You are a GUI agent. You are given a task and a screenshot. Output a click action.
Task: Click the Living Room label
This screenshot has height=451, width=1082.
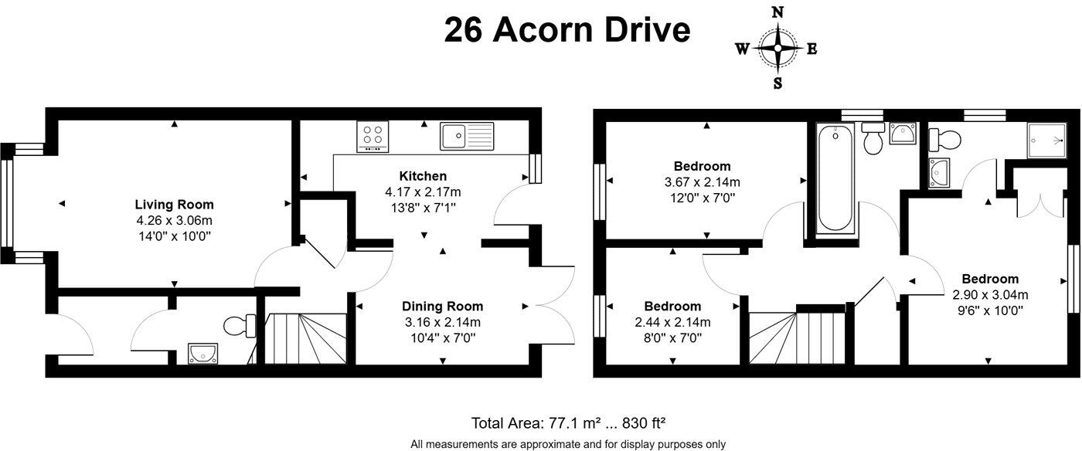tap(174, 205)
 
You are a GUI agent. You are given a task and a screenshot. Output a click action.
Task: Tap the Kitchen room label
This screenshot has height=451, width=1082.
tap(423, 176)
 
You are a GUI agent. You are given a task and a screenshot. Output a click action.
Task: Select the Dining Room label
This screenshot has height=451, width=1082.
tap(442, 306)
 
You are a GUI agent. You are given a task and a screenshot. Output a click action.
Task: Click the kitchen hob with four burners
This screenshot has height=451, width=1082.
tap(373, 136)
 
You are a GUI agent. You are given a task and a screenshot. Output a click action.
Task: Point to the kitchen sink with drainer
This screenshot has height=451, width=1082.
tap(467, 136)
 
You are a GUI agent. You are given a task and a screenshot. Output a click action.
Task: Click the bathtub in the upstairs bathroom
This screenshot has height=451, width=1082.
tap(836, 179)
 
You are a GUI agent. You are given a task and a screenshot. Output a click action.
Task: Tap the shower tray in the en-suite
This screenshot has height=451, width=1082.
tap(1046, 141)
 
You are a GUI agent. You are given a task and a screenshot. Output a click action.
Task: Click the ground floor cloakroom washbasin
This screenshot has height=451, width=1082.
tap(202, 354)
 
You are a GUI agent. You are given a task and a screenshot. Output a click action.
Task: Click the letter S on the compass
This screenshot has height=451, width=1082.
tap(777, 83)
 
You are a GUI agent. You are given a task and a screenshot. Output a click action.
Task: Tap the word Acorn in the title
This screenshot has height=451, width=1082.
tap(543, 30)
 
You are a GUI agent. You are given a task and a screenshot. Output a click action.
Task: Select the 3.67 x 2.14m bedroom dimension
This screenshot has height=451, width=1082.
tap(703, 182)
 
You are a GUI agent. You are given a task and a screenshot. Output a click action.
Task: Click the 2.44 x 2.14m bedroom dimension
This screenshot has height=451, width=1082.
tap(672, 322)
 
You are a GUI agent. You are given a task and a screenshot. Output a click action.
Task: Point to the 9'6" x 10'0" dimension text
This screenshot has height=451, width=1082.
tap(990, 310)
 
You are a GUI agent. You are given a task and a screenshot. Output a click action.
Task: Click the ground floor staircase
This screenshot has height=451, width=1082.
tap(306, 338)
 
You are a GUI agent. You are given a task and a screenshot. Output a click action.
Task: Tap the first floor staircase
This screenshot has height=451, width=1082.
tap(797, 338)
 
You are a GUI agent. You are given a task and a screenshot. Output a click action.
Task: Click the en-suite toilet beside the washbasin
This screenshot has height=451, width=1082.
tap(944, 140)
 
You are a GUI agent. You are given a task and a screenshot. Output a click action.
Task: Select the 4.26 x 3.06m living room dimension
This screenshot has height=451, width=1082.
tap(175, 221)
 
